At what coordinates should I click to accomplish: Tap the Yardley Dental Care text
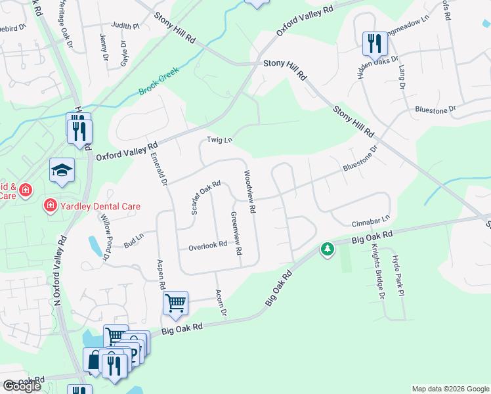click(x=99, y=206)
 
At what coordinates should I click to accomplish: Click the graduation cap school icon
click(x=62, y=170)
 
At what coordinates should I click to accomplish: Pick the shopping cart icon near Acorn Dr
click(x=175, y=303)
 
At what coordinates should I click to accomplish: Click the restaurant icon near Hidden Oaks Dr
click(x=375, y=44)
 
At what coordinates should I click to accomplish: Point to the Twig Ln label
click(x=220, y=140)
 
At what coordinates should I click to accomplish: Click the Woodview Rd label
click(x=249, y=192)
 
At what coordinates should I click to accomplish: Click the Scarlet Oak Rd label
click(x=205, y=198)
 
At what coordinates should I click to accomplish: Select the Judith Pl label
click(x=126, y=26)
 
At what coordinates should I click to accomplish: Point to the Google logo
click(x=22, y=387)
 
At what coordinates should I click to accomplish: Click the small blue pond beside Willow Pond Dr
click(x=95, y=245)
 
